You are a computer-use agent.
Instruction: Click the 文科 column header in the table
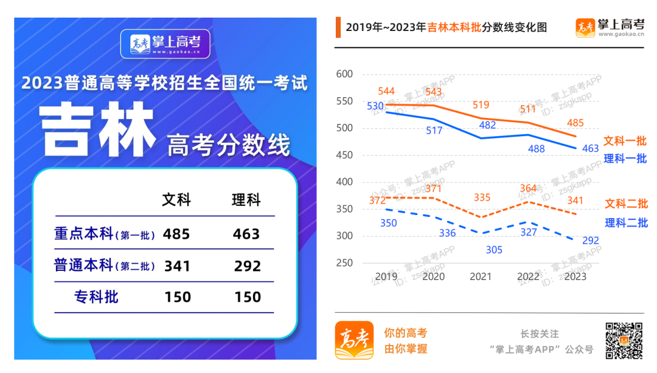[176, 200]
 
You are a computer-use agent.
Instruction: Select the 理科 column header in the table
[246, 200]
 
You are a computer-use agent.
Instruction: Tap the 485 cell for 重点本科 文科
[176, 234]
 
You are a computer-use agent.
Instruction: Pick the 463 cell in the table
[246, 234]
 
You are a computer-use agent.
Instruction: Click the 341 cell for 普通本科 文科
[177, 266]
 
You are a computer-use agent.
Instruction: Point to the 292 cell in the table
[247, 266]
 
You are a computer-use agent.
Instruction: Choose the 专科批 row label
[96, 297]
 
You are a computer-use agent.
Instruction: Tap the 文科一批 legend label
[625, 141]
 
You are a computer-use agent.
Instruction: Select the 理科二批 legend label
[626, 223]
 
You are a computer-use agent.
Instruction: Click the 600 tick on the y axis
[344, 74]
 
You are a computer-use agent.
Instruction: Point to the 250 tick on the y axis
[344, 263]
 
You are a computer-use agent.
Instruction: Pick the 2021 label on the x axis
[481, 276]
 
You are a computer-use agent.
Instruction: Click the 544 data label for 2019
[386, 91]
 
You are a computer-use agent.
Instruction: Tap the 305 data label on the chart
[494, 250]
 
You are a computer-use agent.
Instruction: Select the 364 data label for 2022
[528, 188]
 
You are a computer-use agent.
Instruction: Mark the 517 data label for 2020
[434, 131]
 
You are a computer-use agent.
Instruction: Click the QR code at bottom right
[624, 341]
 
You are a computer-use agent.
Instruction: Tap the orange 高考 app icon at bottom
[354, 340]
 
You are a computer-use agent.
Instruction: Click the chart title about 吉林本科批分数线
[447, 27]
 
